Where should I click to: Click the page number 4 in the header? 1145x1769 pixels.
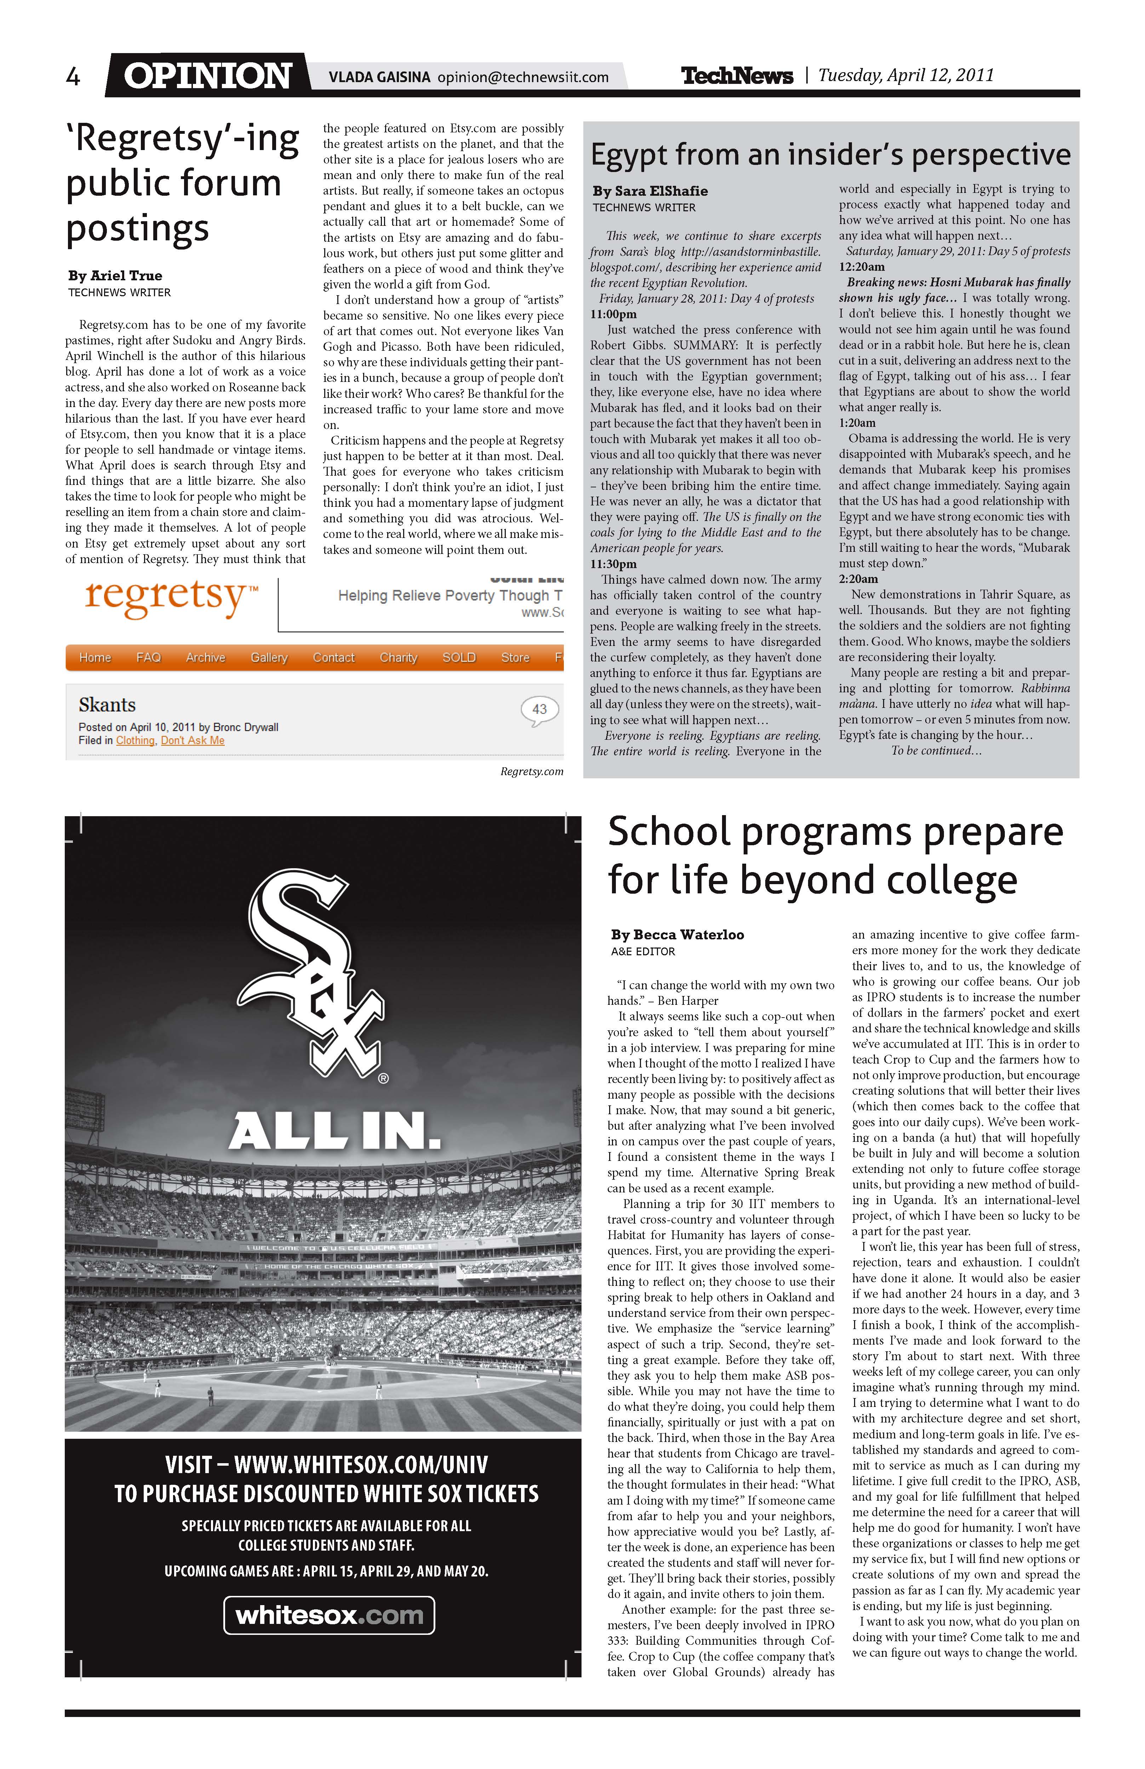point(73,76)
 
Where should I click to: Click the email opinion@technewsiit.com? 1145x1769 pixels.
point(523,77)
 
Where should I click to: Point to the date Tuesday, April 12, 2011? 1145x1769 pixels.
point(906,75)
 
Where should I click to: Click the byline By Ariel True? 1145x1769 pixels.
point(115,276)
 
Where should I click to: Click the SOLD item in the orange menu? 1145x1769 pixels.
point(459,658)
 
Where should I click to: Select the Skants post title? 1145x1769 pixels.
point(107,705)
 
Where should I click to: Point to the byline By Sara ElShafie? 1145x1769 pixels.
point(650,191)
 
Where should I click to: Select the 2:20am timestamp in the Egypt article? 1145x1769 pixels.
point(859,579)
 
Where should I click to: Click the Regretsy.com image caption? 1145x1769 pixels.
point(532,772)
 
